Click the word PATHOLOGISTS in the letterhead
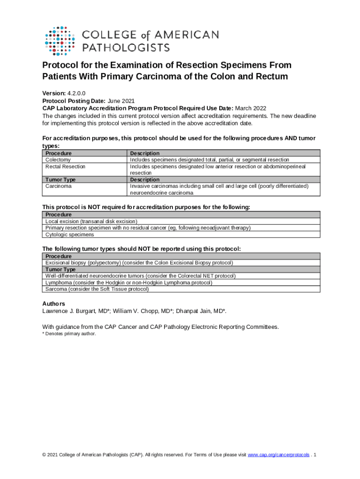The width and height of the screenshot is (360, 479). coord(126,47)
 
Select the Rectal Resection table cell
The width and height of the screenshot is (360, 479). coord(65,166)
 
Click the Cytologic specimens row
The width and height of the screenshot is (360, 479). coord(70,234)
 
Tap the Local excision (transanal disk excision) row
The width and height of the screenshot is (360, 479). coord(91,221)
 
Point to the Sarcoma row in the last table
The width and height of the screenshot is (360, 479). coord(97,289)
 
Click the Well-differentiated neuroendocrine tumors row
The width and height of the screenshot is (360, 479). coord(140,276)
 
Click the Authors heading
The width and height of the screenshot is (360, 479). coord(54,304)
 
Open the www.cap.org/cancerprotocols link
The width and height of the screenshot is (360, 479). coord(278,455)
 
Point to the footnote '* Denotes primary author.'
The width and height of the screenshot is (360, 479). coord(69,334)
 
